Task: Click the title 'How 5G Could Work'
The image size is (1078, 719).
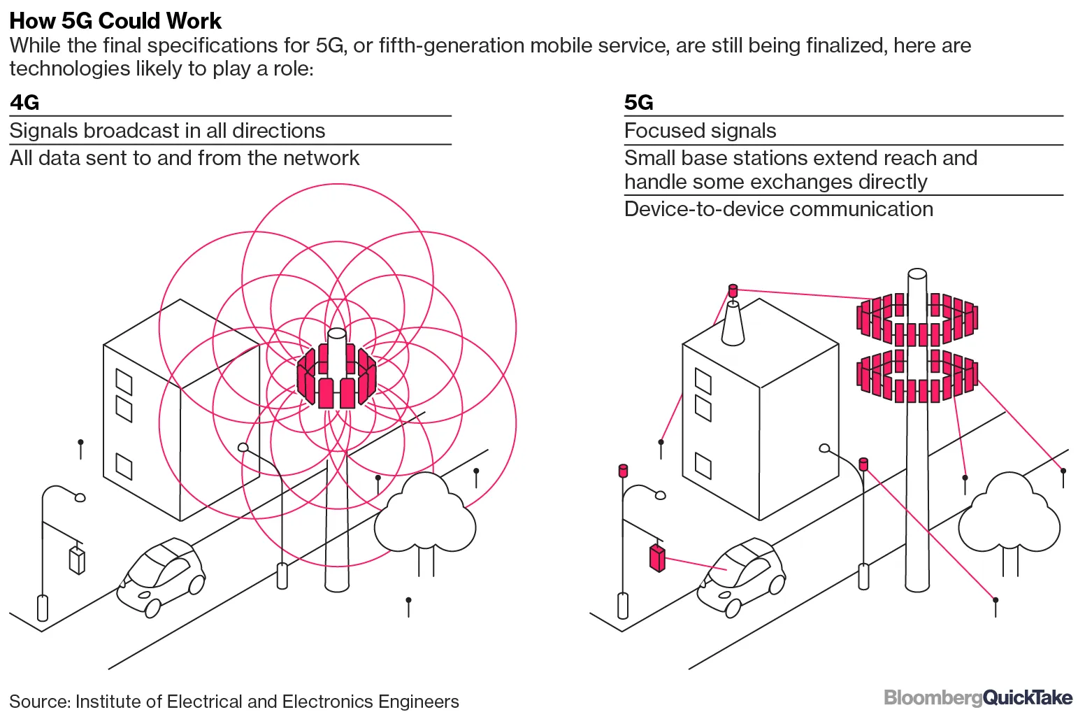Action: tap(115, 21)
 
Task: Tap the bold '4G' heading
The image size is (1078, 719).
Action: tap(24, 103)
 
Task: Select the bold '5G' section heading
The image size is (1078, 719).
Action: tap(638, 103)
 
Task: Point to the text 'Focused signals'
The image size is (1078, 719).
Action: tap(700, 131)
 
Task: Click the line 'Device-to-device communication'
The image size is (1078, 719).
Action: tap(778, 209)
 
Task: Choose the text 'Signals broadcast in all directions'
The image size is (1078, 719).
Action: tap(167, 131)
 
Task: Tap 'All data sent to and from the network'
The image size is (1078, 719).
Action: tap(185, 158)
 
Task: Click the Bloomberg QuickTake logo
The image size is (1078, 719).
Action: tap(977, 697)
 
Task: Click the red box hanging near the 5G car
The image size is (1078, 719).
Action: tap(656, 557)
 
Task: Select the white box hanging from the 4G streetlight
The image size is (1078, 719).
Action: tap(77, 560)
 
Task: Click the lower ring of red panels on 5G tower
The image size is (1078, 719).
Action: tap(917, 378)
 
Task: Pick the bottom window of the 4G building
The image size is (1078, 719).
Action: tap(124, 467)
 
